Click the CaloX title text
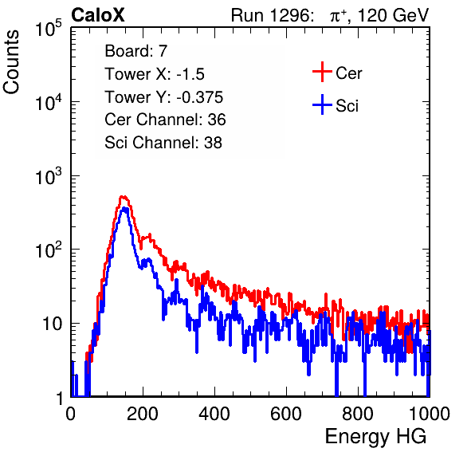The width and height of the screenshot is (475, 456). coord(98,15)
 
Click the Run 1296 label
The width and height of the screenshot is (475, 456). coord(272,15)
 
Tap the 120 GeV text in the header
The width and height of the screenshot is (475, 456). coord(394,15)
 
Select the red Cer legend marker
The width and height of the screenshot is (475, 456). coord(322,72)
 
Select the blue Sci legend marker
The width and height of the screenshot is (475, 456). coord(322,104)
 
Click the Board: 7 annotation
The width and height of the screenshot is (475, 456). coord(136,51)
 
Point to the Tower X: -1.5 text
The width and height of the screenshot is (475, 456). coord(155,74)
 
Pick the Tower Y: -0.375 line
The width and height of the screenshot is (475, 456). coord(164,97)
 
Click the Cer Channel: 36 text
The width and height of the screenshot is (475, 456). coord(165,120)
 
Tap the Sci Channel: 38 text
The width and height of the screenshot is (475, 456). coord(163,143)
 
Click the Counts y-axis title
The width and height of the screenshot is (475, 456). coord(11,62)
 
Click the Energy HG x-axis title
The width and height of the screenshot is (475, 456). coord(375,437)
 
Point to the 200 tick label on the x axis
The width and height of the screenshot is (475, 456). coord(143,414)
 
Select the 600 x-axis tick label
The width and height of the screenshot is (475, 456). coord(286,414)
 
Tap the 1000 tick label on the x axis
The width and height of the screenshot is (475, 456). coord(430,414)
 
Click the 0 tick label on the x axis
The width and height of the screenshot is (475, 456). coord(71,414)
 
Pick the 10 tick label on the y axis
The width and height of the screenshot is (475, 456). coord(53,324)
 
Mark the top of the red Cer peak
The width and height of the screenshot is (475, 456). coord(123,197)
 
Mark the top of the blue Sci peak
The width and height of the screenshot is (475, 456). coord(124,208)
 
